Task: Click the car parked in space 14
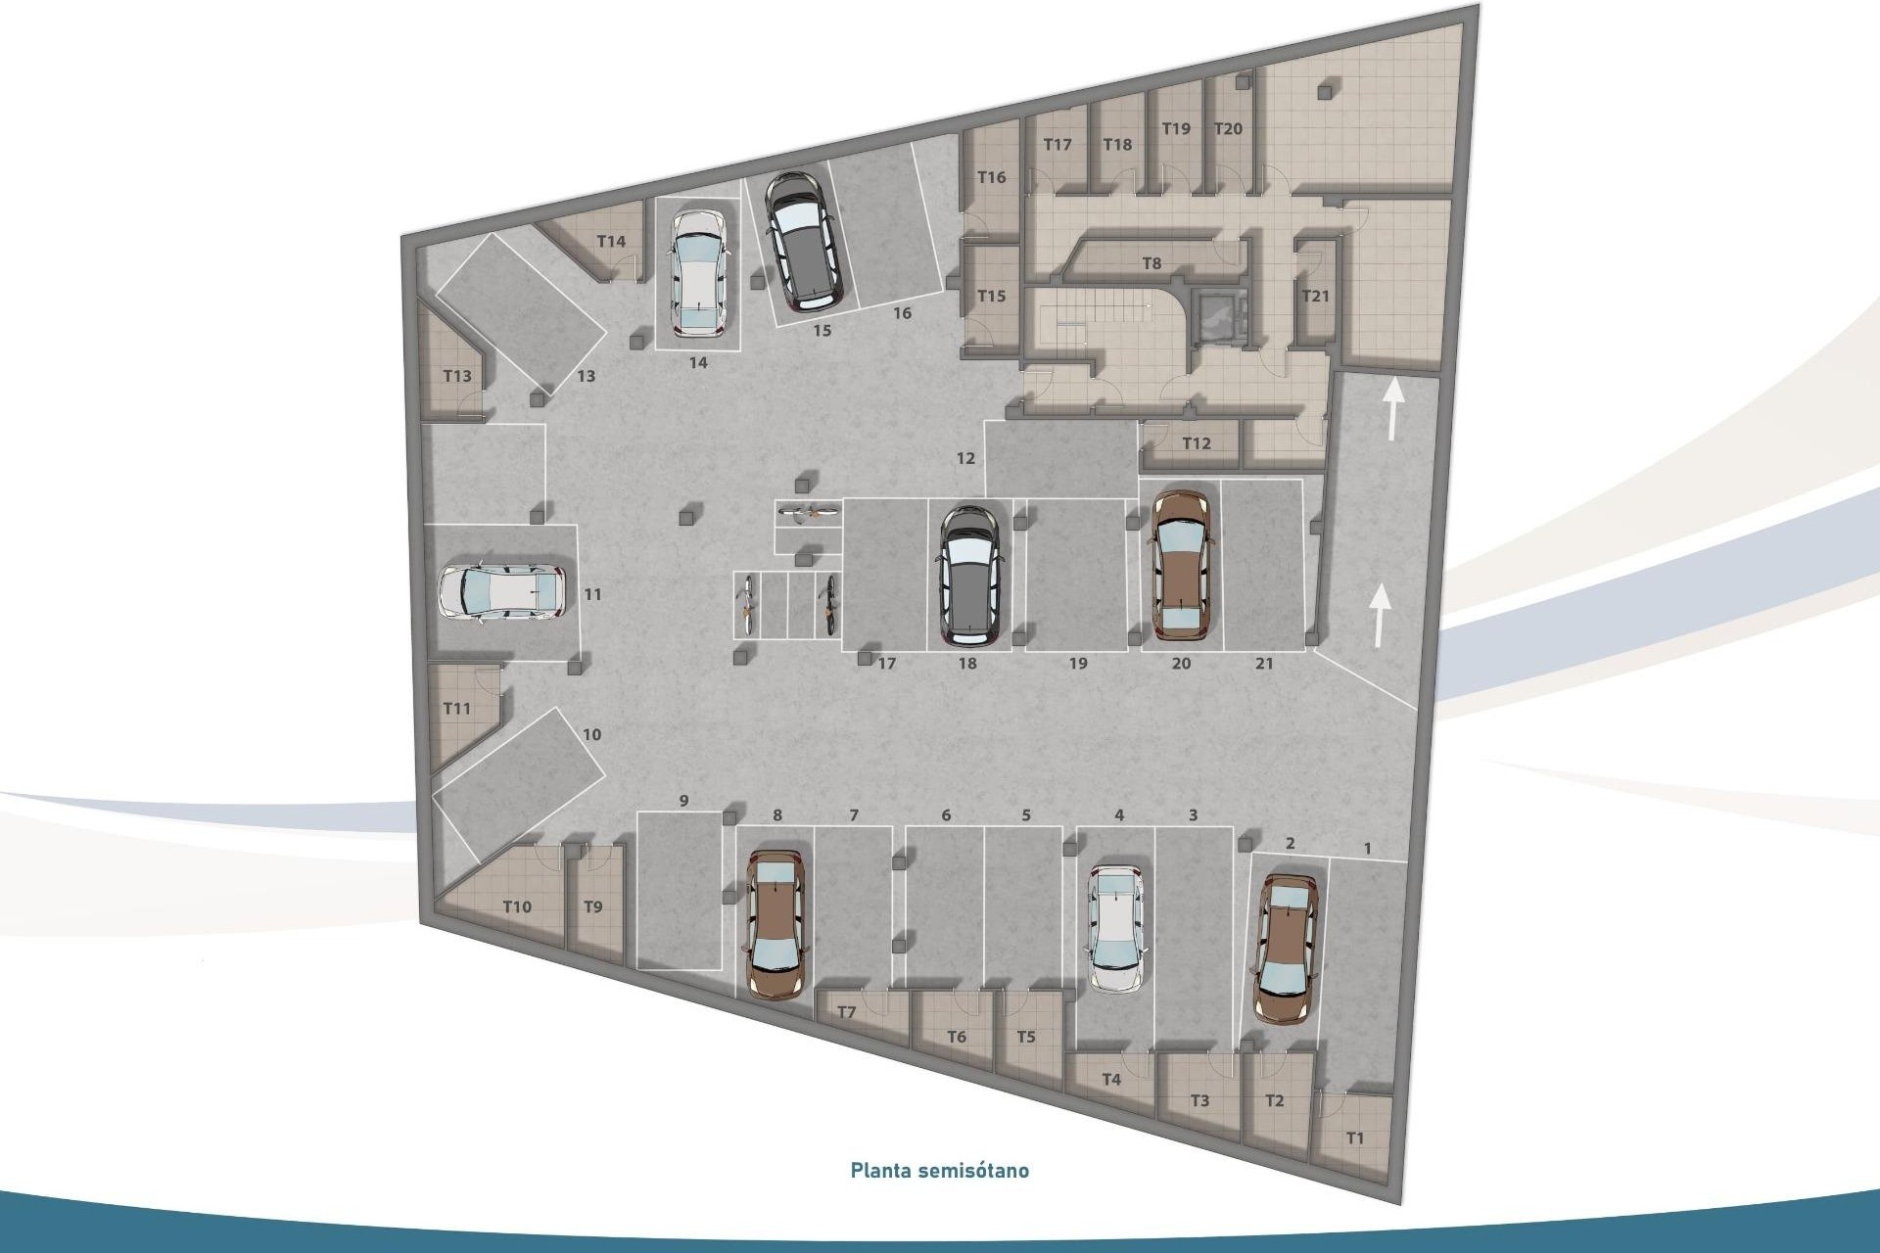(697, 273)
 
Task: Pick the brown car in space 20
(1181, 566)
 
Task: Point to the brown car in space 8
(775, 923)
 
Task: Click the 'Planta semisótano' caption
(939, 1170)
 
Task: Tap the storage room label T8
(1151, 263)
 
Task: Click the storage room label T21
(1315, 295)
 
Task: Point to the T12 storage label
(1196, 443)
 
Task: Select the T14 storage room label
(611, 242)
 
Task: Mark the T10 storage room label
(517, 906)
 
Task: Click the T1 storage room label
(1354, 1137)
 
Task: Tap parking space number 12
(965, 458)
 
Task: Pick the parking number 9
(683, 801)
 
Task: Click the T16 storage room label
(992, 177)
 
